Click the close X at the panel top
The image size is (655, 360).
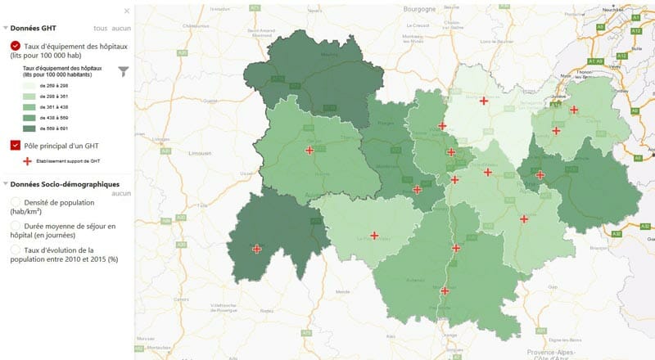126,11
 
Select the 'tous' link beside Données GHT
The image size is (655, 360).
100,29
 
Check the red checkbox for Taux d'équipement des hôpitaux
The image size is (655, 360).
16,46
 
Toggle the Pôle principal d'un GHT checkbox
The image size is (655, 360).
16,146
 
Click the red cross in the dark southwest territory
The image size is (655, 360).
257,249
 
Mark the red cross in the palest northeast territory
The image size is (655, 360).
484,101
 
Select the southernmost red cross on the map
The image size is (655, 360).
445,290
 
